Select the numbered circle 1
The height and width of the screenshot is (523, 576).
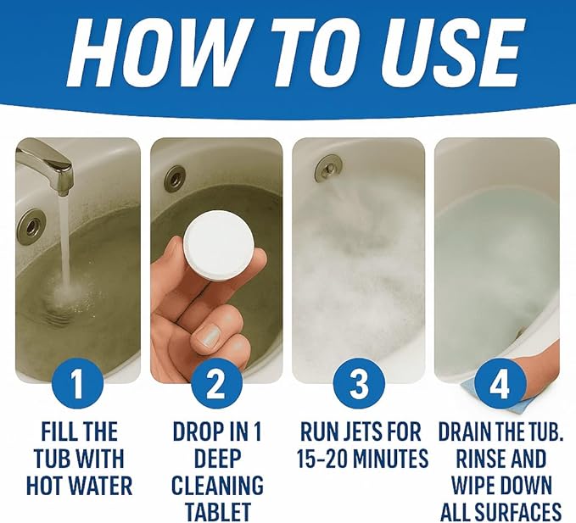77,386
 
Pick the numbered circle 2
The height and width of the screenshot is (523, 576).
216,386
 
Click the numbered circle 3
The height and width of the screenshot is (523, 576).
360,386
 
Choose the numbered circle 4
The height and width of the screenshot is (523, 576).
501,386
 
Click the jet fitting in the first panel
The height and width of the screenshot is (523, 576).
31,226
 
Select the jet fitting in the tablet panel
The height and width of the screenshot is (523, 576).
175,178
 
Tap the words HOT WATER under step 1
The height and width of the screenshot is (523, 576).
78,487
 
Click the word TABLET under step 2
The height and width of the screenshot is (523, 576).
217,512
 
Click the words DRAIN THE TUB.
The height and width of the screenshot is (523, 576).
501,431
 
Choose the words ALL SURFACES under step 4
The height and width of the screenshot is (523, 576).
501,512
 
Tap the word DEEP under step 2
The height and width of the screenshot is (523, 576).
216,459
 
